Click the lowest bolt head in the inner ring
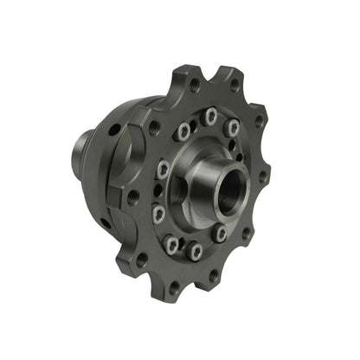[x=196, y=251]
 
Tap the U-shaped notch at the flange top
[x=213, y=76]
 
